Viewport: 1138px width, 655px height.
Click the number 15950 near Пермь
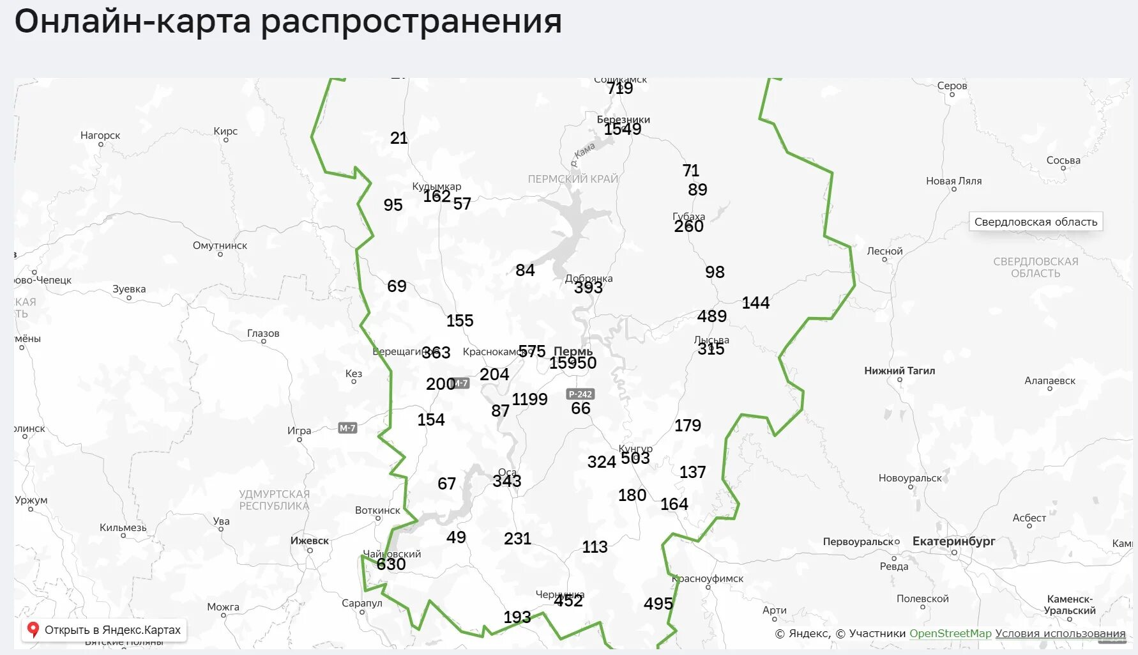tap(573, 363)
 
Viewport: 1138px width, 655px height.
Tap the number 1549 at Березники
tap(623, 129)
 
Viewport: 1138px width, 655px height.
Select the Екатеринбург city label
tap(953, 541)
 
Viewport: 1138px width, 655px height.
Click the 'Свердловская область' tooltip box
tap(1035, 222)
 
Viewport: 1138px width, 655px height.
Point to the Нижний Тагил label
tap(899, 371)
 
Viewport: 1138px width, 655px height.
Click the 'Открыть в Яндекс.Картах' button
tap(104, 630)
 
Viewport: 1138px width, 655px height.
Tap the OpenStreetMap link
tap(950, 633)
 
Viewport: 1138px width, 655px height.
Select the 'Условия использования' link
tap(1060, 633)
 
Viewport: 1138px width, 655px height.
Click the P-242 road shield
tap(580, 394)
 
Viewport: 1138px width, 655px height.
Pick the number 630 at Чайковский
tap(391, 564)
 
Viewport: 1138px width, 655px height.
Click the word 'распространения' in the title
tap(411, 22)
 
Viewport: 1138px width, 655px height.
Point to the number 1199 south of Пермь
tap(529, 399)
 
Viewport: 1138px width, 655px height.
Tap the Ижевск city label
tap(310, 541)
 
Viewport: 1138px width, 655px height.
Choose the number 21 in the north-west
tap(398, 138)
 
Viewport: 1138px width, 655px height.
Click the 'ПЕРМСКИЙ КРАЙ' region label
tap(573, 179)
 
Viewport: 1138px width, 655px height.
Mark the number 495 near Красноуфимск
tap(658, 604)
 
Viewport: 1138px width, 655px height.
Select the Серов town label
tap(952, 86)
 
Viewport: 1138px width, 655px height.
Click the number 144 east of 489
tap(755, 303)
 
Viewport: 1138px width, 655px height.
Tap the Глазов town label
tap(263, 334)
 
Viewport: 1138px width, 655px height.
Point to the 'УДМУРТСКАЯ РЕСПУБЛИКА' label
tap(274, 500)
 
